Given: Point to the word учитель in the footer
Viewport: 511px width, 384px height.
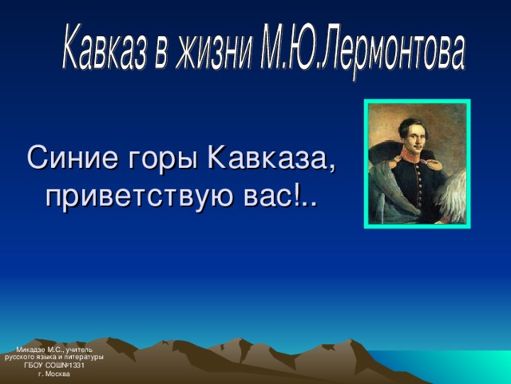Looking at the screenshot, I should point(79,350).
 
